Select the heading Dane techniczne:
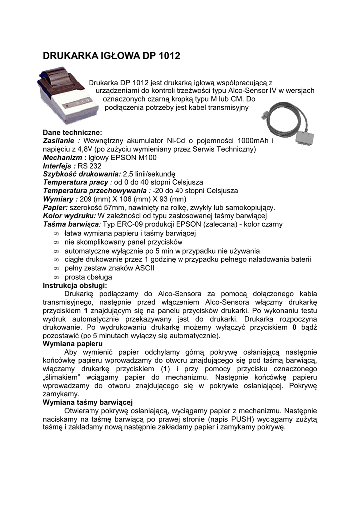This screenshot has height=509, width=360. [x=73, y=133]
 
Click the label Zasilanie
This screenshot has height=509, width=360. [x=59, y=141]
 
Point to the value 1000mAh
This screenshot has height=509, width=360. [x=256, y=141]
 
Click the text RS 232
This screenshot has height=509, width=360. [x=90, y=166]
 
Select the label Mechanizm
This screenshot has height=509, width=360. [x=61, y=158]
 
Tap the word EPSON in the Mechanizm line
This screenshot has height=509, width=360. [x=128, y=158]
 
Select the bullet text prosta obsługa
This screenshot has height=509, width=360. [x=88, y=277]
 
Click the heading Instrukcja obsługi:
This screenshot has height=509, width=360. [x=75, y=285]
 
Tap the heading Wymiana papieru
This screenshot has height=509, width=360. [x=73, y=344]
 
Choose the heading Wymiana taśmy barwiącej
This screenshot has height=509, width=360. [x=88, y=402]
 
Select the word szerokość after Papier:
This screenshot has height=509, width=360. [x=84, y=208]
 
